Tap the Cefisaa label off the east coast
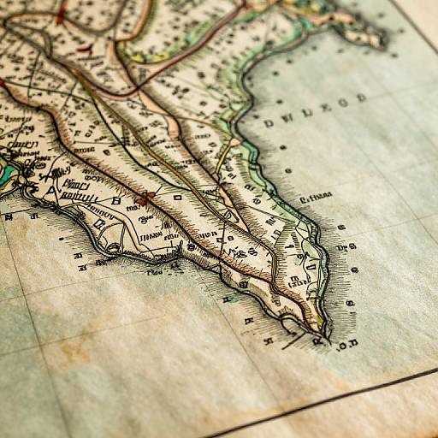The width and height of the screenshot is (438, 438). coord(315,198)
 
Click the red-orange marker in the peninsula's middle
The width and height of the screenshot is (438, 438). coord(144,199)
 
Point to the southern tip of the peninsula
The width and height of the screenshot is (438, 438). coord(318,330)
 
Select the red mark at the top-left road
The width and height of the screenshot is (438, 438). coord(60,15)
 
